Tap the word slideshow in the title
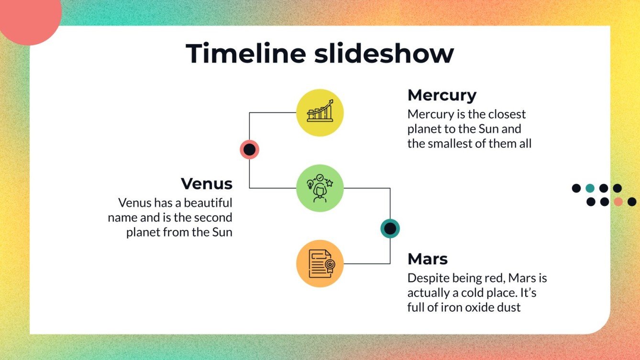point(384,53)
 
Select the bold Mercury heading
point(441,95)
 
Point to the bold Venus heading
point(207,184)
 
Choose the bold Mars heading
point(428,259)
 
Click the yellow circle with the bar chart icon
point(320,113)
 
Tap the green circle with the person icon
point(320,188)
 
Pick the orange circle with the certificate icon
point(320,263)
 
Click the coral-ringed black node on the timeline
point(249,150)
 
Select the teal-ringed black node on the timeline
point(390,229)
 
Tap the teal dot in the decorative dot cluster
point(590,188)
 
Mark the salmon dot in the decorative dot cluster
point(618,202)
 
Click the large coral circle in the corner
point(29,17)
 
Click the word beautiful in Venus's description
point(208,203)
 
